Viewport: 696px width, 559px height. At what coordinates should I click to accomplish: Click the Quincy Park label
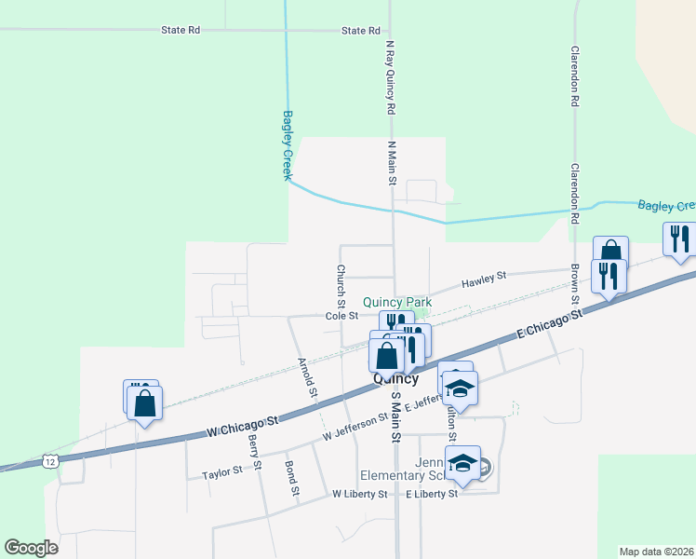[x=397, y=302]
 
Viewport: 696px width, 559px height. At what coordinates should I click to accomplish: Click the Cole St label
[x=341, y=316]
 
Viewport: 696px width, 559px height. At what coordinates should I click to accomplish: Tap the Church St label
[x=341, y=286]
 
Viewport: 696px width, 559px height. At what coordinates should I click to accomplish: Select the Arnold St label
[x=307, y=378]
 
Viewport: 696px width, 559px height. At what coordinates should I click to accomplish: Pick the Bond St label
[x=292, y=478]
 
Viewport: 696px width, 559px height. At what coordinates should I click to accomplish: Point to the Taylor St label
[x=221, y=473]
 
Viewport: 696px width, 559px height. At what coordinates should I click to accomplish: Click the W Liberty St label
[x=359, y=494]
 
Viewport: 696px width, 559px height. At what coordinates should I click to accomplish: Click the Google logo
[x=31, y=548]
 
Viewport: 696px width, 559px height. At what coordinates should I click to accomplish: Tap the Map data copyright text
[x=656, y=552]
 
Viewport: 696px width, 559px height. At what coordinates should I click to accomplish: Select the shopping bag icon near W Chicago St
[x=144, y=404]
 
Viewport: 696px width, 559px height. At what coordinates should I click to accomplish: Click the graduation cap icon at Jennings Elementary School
[x=462, y=462]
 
